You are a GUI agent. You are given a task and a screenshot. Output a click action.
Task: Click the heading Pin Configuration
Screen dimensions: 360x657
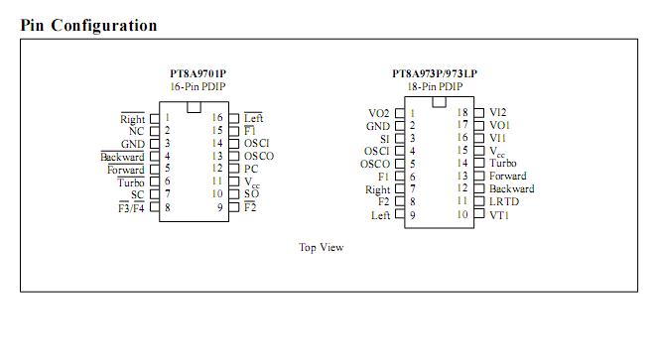[x=88, y=26]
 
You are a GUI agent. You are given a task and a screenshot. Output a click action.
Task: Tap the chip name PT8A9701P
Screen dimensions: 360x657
[x=198, y=73]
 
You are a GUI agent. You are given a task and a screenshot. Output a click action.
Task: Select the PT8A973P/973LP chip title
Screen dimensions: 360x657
[x=434, y=73]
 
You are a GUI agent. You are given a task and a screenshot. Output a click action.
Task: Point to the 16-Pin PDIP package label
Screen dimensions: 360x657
[x=198, y=86]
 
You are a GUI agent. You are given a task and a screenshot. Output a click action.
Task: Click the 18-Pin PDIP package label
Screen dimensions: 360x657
[x=434, y=86]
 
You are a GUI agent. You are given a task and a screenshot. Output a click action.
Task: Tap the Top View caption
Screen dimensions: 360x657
[x=321, y=247]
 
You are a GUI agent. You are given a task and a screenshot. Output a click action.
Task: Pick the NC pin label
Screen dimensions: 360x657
[x=137, y=131]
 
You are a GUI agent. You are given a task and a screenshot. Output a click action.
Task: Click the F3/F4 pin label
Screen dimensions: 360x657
[x=131, y=208]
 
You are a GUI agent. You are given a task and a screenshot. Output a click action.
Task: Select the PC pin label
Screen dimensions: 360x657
[x=251, y=169]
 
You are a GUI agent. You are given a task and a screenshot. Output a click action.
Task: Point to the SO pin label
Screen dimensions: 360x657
[x=251, y=194]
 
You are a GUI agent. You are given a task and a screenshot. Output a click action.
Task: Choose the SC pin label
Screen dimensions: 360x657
[x=137, y=194]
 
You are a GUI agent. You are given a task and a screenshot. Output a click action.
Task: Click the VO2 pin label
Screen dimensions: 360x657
[x=379, y=113]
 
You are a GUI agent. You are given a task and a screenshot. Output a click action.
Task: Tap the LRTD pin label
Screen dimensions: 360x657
[x=503, y=201]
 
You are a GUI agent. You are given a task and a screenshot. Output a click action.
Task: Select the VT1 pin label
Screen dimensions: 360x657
[x=498, y=214]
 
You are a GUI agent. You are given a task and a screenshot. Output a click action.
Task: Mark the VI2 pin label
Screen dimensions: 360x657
[x=498, y=113]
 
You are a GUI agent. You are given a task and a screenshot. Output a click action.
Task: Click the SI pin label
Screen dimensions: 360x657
[x=385, y=139]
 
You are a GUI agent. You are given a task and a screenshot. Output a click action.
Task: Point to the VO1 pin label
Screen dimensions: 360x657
[x=499, y=126]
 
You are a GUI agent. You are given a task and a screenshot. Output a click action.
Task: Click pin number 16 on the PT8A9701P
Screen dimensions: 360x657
[x=217, y=118]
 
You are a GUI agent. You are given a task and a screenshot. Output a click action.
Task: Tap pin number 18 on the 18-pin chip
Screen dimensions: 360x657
[x=461, y=113]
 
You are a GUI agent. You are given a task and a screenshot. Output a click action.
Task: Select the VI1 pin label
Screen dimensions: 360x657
[x=498, y=139]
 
